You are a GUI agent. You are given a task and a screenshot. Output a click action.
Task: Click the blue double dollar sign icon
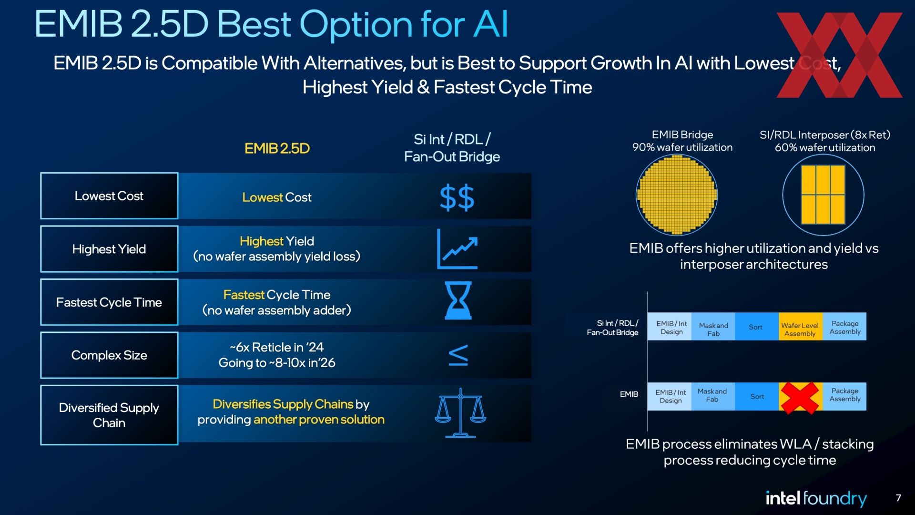(x=457, y=198)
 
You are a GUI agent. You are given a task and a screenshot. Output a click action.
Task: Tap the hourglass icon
(x=458, y=300)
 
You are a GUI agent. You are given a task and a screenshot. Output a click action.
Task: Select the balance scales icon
(x=460, y=413)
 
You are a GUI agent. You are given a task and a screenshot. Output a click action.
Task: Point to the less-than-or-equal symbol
(x=458, y=355)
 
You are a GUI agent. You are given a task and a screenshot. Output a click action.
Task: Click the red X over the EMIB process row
(x=801, y=397)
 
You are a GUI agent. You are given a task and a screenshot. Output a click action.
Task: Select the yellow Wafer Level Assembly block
(x=800, y=327)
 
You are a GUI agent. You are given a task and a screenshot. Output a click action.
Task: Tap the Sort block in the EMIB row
(x=757, y=397)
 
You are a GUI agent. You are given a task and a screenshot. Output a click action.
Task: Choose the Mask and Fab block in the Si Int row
(x=713, y=327)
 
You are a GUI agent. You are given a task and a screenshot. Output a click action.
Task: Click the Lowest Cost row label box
(x=109, y=196)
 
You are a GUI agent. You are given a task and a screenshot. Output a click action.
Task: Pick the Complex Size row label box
(x=109, y=355)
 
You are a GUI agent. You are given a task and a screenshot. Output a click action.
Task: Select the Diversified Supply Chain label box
(x=109, y=415)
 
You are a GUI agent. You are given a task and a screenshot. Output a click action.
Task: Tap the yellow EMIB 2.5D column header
(x=277, y=149)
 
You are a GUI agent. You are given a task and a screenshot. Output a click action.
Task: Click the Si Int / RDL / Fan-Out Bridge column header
(x=452, y=148)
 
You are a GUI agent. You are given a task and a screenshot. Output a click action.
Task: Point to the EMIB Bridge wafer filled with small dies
(x=677, y=195)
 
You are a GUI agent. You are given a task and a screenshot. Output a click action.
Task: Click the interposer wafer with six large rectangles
(x=823, y=195)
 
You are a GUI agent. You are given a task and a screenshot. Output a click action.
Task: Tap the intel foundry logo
(x=816, y=498)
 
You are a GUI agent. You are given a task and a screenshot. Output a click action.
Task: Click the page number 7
(x=898, y=498)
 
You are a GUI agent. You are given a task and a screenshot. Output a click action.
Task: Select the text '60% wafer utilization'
(x=825, y=148)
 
